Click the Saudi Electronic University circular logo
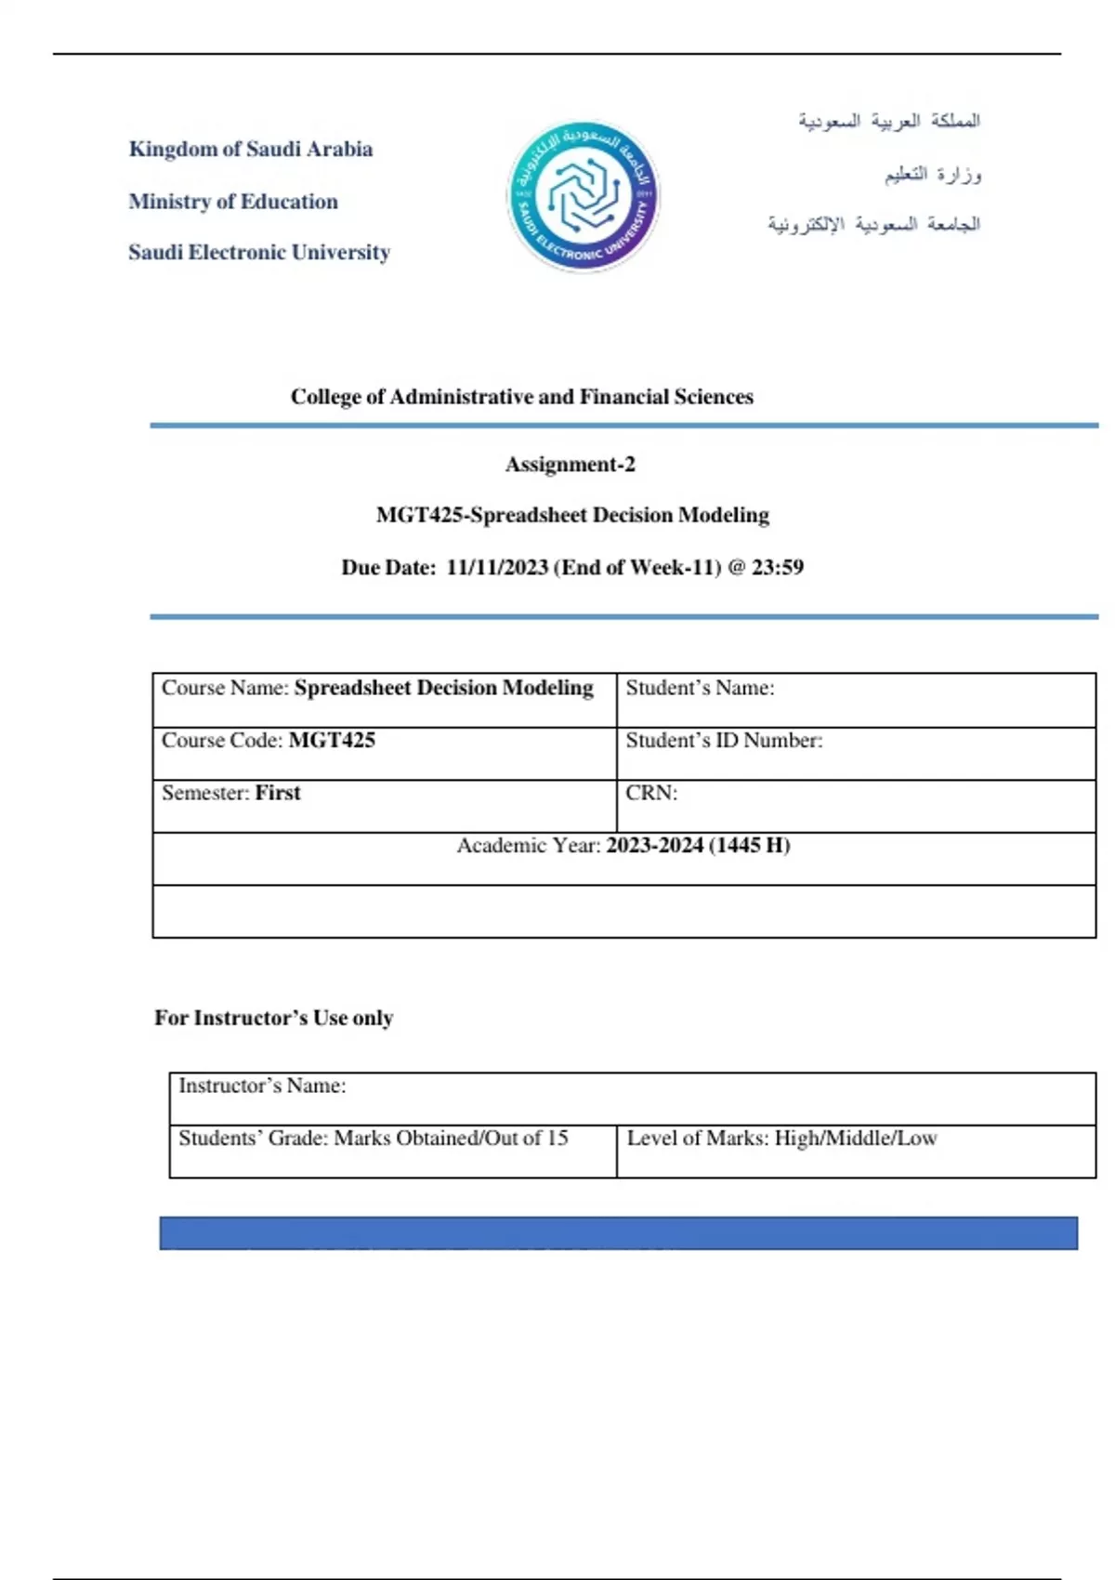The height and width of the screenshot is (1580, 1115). [583, 196]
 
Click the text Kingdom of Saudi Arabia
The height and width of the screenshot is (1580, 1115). [251, 149]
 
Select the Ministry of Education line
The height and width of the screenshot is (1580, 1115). [233, 202]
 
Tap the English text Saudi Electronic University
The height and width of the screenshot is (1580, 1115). [259, 252]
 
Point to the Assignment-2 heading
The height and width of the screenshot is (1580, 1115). [570, 464]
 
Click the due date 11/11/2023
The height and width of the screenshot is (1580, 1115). [497, 567]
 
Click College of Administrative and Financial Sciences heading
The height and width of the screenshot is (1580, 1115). [521, 397]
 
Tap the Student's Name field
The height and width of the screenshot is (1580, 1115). [855, 699]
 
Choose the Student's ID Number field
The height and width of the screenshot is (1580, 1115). [855, 752]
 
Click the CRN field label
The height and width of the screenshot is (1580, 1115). [651, 793]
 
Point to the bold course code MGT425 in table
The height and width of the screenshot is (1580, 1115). [332, 741]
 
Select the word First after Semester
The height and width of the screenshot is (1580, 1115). [278, 793]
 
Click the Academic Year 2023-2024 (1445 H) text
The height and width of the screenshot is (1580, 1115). [697, 846]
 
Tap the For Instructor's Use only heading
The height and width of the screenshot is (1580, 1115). [273, 1018]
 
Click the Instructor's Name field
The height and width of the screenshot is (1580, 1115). [632, 1098]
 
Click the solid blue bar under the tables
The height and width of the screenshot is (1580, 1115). [618, 1232]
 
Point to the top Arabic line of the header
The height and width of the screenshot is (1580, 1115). [888, 121]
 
